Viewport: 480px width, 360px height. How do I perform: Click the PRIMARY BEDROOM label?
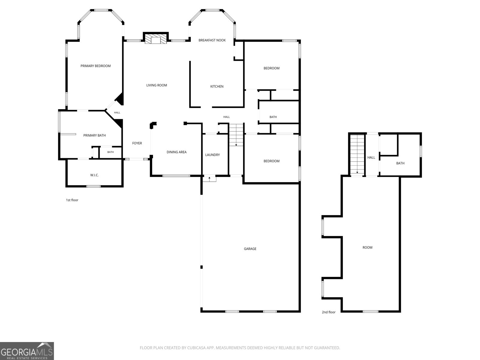(x=96, y=66)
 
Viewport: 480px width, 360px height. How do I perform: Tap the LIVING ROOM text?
(x=157, y=85)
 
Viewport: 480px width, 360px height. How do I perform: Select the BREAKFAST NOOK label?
(x=212, y=40)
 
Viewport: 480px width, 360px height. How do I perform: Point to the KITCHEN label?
(x=217, y=87)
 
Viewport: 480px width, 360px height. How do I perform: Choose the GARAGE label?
(x=250, y=249)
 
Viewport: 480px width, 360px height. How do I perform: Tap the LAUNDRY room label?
(x=213, y=155)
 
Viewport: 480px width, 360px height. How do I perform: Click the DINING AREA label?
(x=177, y=152)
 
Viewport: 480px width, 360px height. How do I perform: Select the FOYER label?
(x=137, y=143)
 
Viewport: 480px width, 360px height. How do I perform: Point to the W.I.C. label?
(x=94, y=175)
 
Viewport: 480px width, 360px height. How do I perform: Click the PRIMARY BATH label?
(x=94, y=136)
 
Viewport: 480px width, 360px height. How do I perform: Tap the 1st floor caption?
(x=72, y=200)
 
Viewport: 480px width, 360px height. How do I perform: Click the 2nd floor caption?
(x=329, y=312)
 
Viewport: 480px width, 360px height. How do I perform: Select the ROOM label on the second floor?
(x=367, y=247)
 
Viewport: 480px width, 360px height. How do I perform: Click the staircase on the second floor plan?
(x=358, y=155)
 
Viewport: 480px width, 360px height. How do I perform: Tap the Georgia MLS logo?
(x=27, y=351)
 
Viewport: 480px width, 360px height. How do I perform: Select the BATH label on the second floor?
(x=400, y=163)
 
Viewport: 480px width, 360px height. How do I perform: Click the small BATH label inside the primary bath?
(x=110, y=152)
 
